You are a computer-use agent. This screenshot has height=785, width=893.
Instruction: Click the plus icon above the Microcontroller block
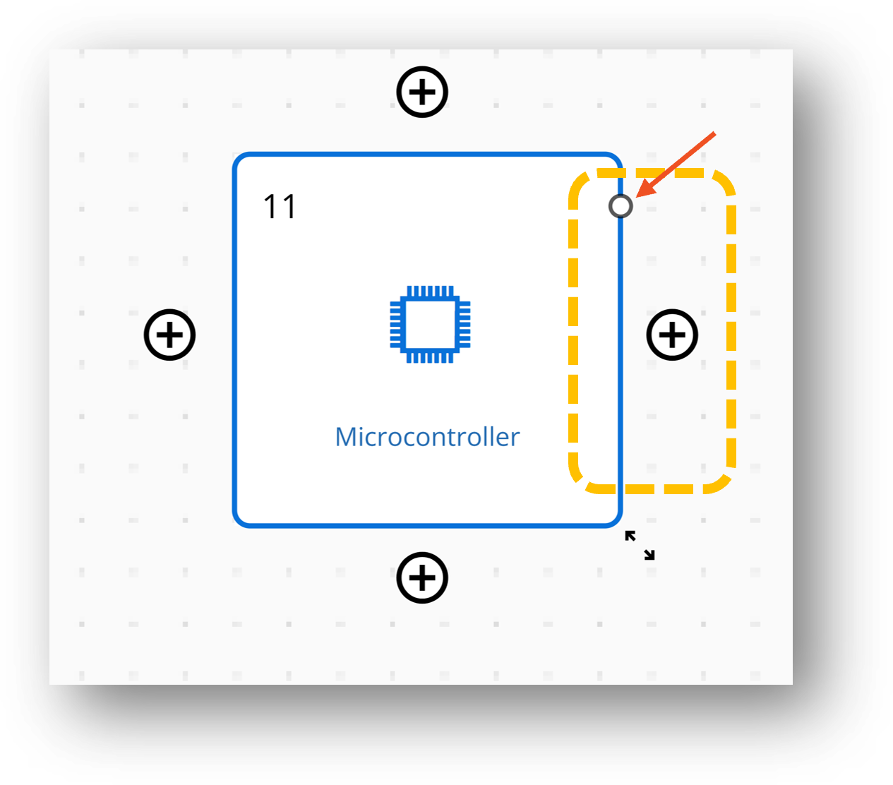(x=422, y=92)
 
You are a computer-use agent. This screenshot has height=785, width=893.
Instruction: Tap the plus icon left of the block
(x=169, y=335)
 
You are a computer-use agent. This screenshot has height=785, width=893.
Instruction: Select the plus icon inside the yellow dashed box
(x=672, y=335)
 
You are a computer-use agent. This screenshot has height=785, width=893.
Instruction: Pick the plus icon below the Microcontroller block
(x=422, y=578)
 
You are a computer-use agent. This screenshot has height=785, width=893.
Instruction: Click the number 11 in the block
(x=280, y=207)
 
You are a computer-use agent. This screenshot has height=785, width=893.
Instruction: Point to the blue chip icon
(x=430, y=324)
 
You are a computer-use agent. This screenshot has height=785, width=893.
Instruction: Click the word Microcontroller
(x=427, y=437)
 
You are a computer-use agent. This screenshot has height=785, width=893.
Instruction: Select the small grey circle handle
(x=621, y=206)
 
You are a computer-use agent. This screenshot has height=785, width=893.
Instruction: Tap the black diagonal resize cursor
(x=640, y=545)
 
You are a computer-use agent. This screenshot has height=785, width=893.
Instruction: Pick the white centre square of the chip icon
(x=430, y=324)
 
